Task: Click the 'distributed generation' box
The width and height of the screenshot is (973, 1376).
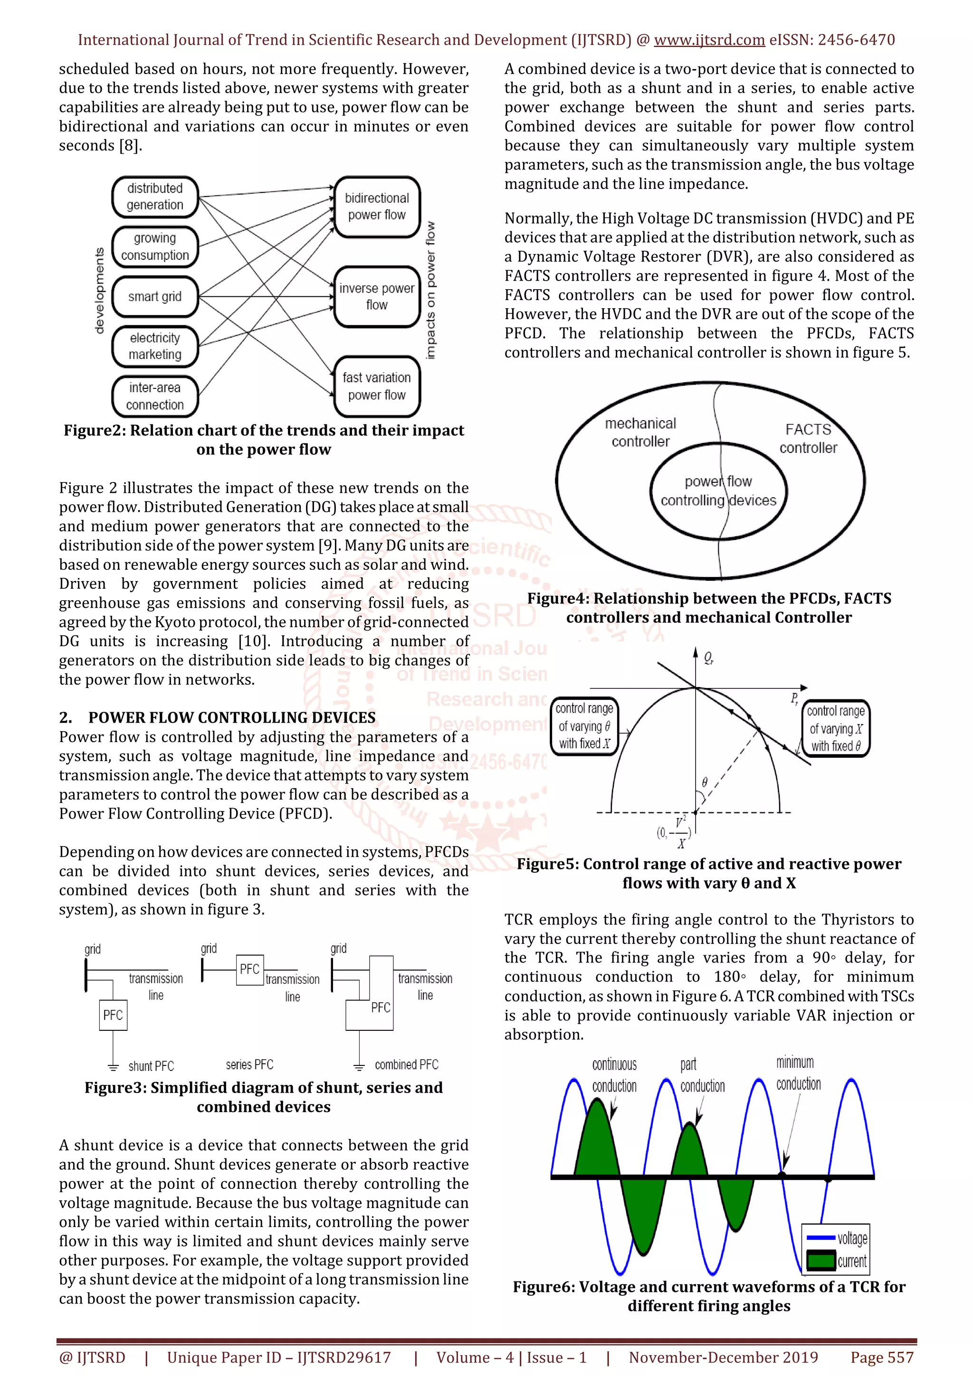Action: tap(155, 197)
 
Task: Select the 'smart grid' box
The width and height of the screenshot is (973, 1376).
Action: tap(155, 297)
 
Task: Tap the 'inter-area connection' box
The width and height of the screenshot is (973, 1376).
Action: tap(155, 396)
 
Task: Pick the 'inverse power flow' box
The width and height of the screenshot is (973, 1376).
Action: tap(376, 297)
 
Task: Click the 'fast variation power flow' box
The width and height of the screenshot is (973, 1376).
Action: tap(376, 386)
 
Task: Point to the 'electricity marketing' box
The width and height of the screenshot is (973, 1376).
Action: tap(155, 347)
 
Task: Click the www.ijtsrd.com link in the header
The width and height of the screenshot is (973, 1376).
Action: tap(709, 40)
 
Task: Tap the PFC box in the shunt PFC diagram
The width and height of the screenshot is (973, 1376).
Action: tap(113, 1015)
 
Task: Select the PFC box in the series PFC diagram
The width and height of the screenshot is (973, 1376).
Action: tap(249, 969)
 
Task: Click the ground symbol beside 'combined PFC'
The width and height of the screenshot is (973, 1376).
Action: tap(359, 1066)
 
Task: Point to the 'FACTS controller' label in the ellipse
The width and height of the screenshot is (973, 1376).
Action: tap(808, 439)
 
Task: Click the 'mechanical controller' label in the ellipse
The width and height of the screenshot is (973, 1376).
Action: tap(640, 432)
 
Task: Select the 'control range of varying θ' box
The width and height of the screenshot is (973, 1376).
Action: tap(584, 726)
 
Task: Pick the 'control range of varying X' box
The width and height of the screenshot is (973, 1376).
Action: tap(836, 729)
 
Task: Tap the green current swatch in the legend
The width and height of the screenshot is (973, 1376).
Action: tap(820, 1260)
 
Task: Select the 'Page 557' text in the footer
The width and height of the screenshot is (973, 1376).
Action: tap(881, 1357)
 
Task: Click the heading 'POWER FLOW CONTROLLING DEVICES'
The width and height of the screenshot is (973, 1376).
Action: tap(232, 717)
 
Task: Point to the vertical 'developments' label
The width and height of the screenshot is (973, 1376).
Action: tap(99, 291)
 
